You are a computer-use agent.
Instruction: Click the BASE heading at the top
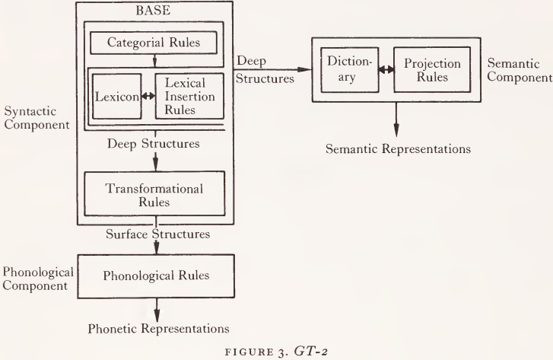(155, 12)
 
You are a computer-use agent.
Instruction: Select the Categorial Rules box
(155, 43)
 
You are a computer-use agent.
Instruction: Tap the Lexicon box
(114, 97)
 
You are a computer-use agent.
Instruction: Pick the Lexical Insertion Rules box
(189, 97)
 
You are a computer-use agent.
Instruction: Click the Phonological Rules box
(155, 274)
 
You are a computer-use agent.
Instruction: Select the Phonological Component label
(37, 279)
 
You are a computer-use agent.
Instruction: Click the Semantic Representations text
(398, 148)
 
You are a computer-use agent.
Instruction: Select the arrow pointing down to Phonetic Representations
(155, 307)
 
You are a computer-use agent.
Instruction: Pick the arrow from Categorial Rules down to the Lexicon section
(155, 60)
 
